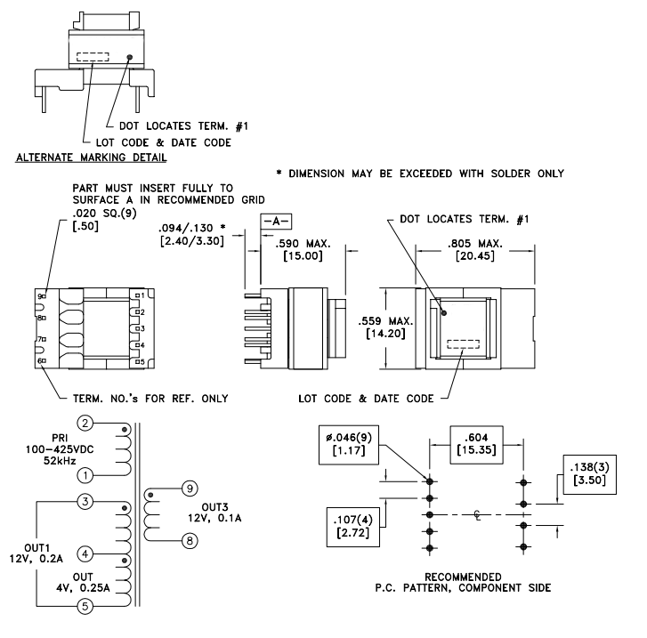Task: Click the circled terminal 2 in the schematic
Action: (x=85, y=422)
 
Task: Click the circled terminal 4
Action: (x=85, y=553)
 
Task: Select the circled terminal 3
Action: (x=85, y=503)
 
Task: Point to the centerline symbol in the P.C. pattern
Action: (x=476, y=515)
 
